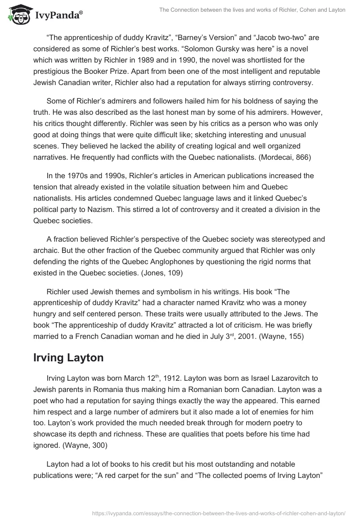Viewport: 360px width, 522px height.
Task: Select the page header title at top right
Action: pyautogui.click(x=252, y=10)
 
